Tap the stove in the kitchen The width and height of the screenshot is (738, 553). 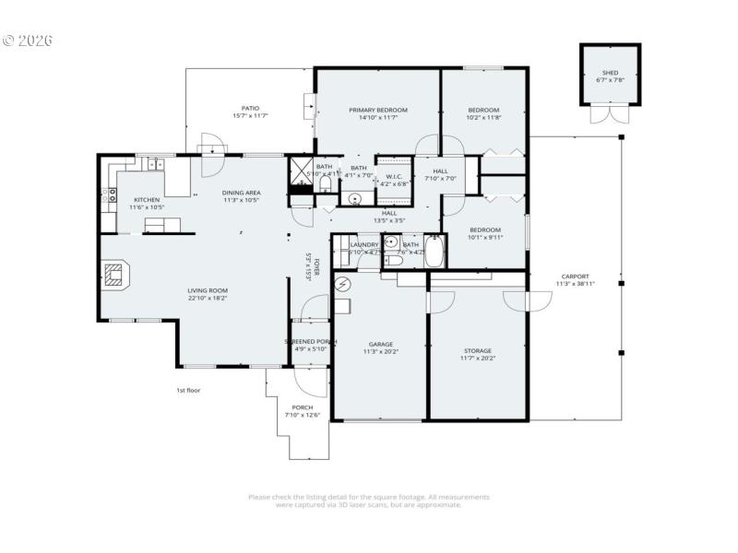tap(113, 194)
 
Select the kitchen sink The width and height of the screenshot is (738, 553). tap(153, 165)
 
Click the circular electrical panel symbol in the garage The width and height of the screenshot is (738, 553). tap(343, 285)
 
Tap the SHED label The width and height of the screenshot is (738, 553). tap(611, 73)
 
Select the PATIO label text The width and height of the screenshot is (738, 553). tap(249, 108)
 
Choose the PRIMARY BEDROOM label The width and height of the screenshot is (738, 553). tap(377, 110)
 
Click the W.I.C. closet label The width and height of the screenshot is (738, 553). tap(394, 176)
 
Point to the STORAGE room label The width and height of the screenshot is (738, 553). tap(477, 350)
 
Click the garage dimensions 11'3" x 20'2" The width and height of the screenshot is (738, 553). tap(379, 350)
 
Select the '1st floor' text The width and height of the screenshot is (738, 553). tap(188, 390)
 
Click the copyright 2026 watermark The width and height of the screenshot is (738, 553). tap(28, 41)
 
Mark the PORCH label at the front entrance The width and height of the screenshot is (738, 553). tap(302, 407)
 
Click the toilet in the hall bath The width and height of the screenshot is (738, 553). tap(393, 261)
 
